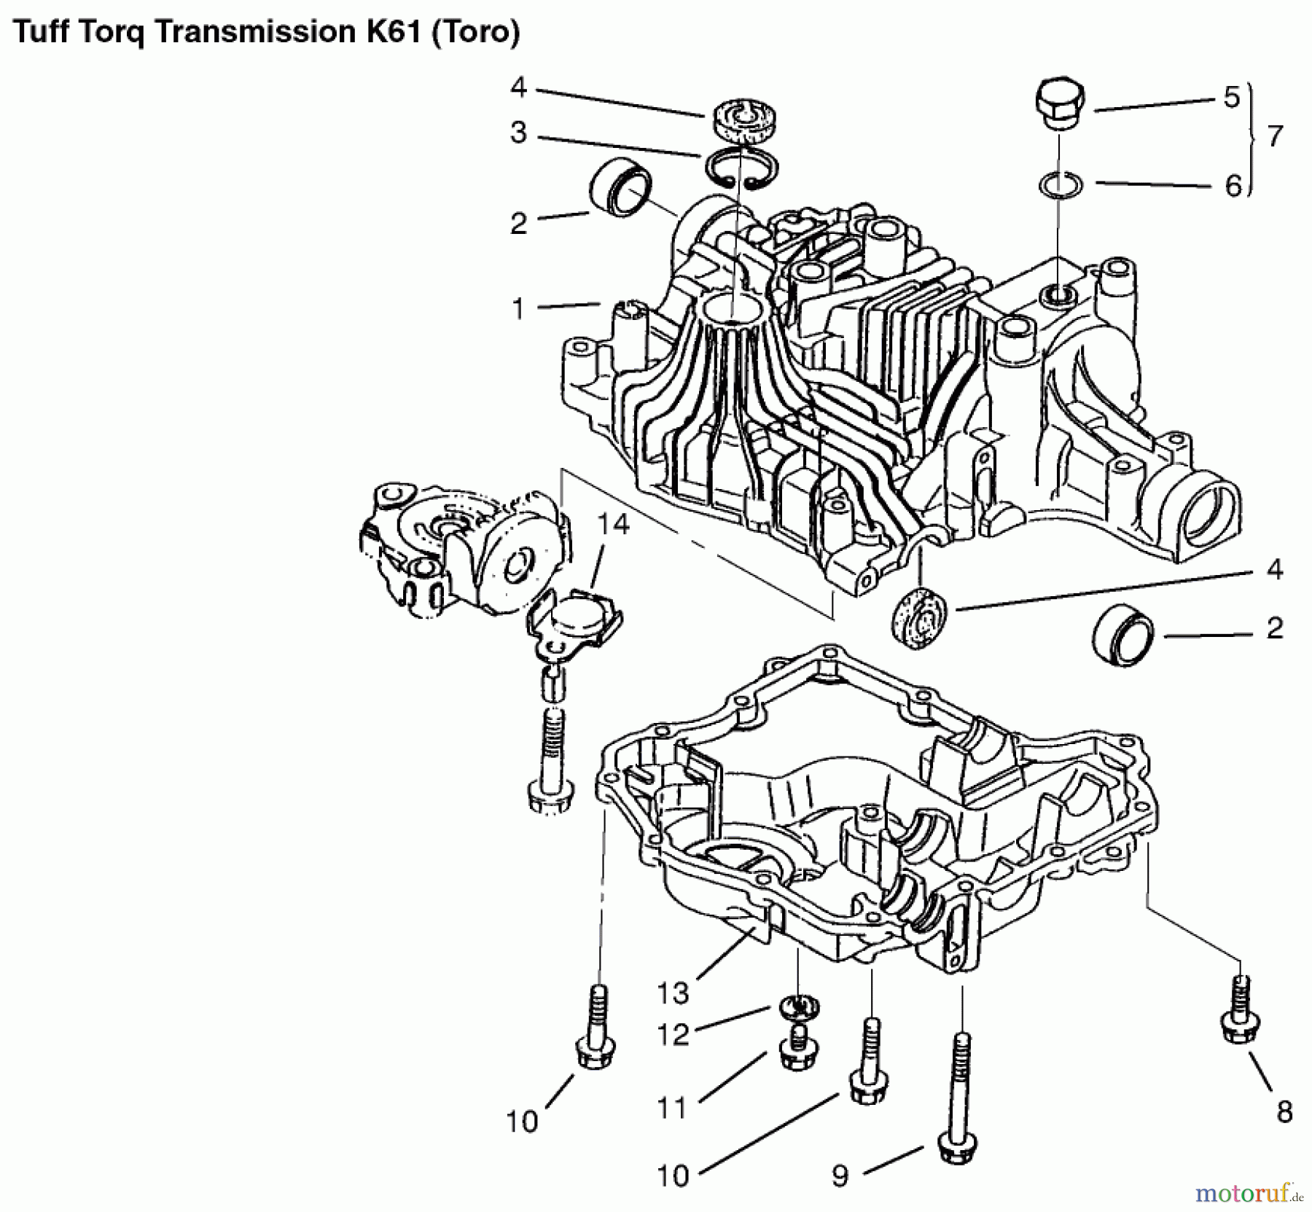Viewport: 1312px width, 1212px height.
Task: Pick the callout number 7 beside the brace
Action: pyautogui.click(x=1275, y=136)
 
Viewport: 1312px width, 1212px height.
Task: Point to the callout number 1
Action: pyautogui.click(x=518, y=308)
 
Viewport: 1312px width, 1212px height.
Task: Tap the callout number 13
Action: pyautogui.click(x=672, y=993)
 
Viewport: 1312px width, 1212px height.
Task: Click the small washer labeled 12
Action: pyautogui.click(x=799, y=1008)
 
